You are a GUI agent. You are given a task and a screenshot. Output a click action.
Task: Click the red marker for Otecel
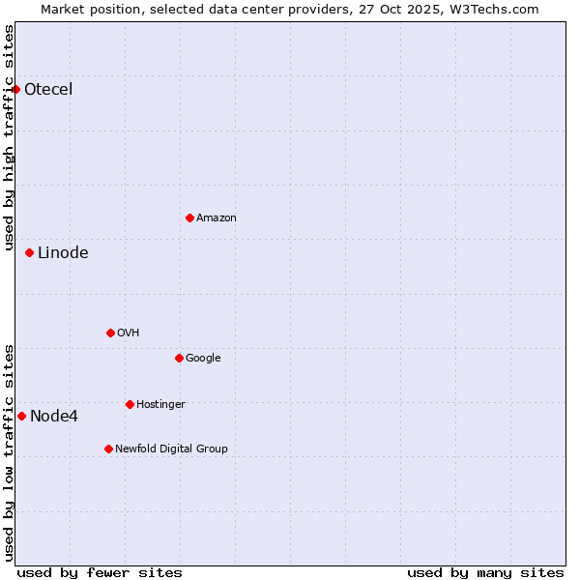[x=16, y=89]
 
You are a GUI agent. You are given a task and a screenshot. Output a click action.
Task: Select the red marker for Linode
[x=30, y=252]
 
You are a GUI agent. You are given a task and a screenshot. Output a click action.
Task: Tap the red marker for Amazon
[x=189, y=217]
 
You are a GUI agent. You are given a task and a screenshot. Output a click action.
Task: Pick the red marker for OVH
[x=110, y=333]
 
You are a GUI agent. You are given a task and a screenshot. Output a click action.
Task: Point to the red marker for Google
[x=179, y=358]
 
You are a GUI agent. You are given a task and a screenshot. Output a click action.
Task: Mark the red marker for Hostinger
[x=130, y=404]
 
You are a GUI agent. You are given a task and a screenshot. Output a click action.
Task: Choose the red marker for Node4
[x=22, y=416]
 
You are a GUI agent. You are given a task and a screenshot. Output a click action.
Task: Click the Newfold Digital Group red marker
[x=108, y=449]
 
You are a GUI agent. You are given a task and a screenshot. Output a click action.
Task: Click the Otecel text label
[x=48, y=90]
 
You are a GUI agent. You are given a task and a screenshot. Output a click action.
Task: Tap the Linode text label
[x=63, y=253]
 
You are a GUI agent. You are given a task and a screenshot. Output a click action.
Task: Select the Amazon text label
[x=217, y=218]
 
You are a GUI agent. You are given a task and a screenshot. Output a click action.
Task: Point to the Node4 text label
[x=54, y=417]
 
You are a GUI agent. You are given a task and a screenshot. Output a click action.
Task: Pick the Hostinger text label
[x=160, y=404]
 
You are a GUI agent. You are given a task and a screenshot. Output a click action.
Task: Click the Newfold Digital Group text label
[x=171, y=449]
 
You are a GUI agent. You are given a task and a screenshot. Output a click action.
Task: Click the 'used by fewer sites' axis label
[x=100, y=572]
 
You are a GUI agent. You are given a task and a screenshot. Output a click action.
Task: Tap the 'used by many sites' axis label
[x=485, y=572]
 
